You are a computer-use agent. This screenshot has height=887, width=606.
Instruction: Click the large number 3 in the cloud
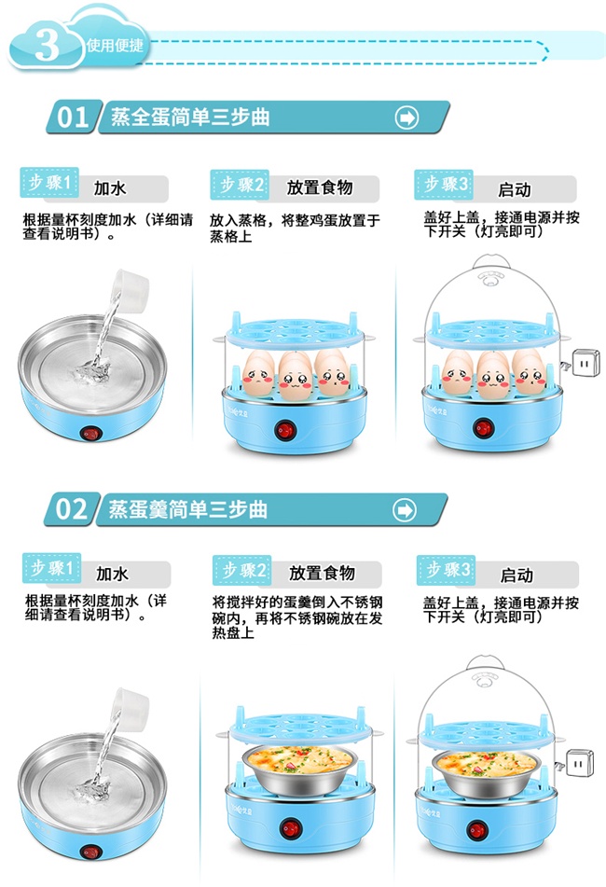[x=47, y=44]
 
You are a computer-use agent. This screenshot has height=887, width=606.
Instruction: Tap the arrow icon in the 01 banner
[x=406, y=118]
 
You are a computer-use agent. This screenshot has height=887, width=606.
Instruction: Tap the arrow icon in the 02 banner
[x=405, y=510]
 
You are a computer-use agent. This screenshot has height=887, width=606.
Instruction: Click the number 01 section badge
[x=72, y=118]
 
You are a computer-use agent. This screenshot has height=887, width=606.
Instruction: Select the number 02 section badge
[x=71, y=509]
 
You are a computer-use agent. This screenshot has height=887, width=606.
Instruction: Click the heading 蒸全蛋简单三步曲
[x=190, y=118]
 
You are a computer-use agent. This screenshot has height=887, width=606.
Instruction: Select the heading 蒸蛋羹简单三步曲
[x=187, y=509]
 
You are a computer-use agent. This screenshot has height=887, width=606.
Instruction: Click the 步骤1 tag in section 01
[x=49, y=182]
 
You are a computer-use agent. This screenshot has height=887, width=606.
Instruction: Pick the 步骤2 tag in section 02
[x=242, y=570]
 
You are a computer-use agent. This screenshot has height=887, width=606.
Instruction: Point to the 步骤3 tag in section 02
[x=446, y=570]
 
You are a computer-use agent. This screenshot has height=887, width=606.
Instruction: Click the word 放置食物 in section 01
[x=320, y=187]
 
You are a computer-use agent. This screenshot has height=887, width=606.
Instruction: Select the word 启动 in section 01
[x=515, y=189]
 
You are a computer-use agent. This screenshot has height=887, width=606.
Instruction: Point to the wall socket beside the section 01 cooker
[x=585, y=363]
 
